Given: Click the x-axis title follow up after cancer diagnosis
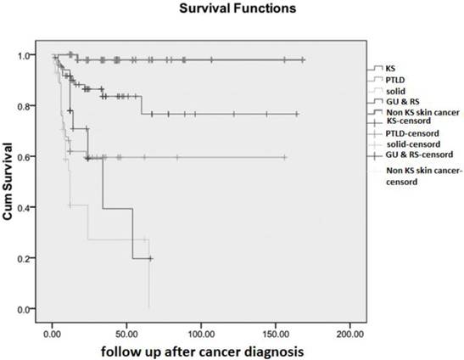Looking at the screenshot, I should coord(201,350).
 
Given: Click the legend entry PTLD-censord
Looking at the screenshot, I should coord(413,132).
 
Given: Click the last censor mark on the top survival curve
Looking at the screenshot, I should coord(303,59).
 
